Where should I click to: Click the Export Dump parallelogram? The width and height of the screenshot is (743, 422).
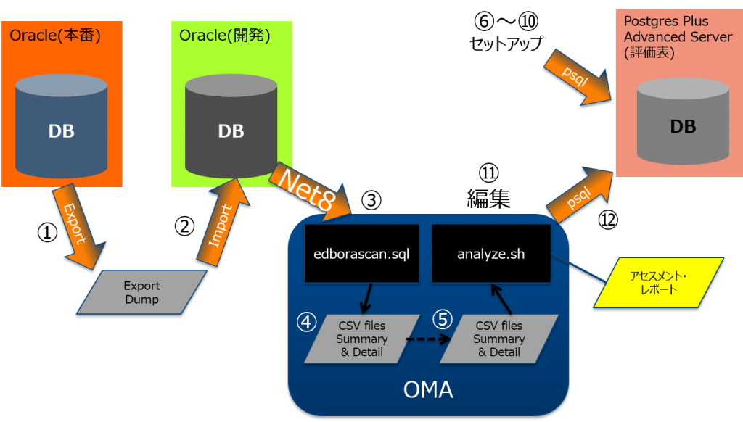[141, 292]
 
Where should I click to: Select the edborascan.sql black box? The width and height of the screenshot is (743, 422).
[361, 254]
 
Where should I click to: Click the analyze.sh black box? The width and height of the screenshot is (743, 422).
[490, 254]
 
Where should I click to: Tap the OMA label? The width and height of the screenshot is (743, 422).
[428, 390]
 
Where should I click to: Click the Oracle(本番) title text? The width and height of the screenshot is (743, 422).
[54, 35]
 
